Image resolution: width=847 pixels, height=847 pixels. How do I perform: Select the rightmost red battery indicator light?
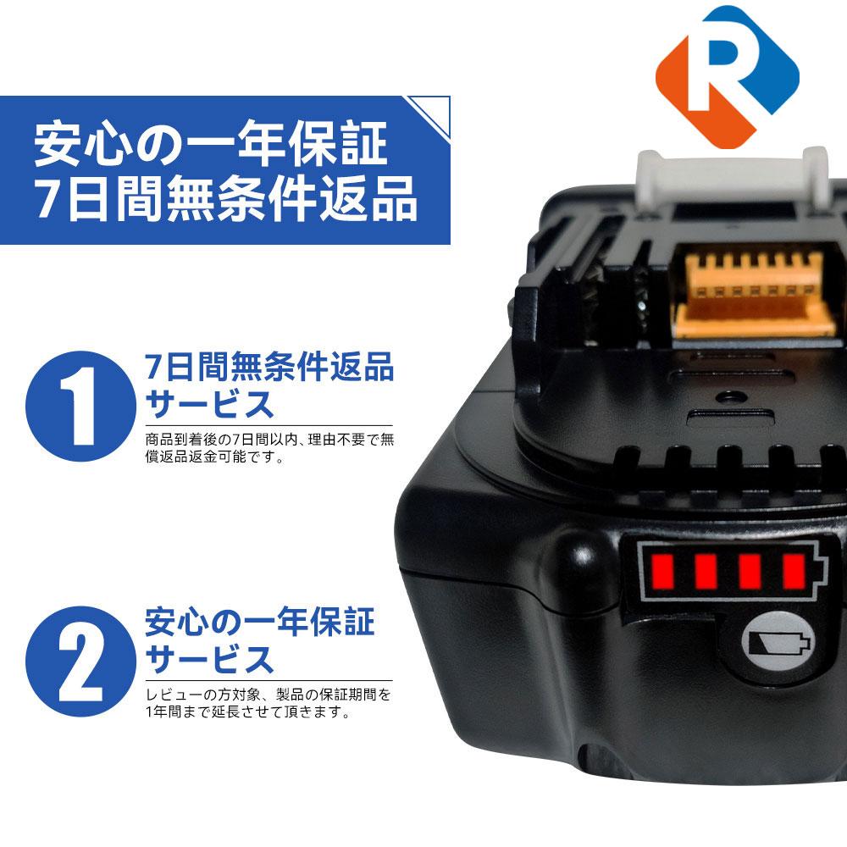coord(793,572)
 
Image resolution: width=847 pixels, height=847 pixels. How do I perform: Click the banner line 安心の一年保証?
coord(210,144)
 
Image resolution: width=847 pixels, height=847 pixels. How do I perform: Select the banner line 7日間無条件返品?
coord(225,200)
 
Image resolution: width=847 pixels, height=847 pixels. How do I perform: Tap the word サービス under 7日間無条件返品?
coord(211,404)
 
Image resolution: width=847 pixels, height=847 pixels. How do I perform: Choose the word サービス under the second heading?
coord(211,659)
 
